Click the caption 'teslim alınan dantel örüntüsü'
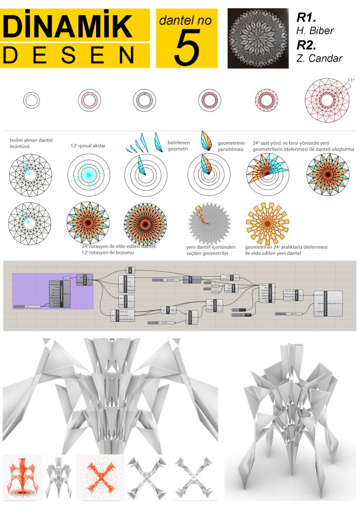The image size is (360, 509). tap(31, 143)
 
